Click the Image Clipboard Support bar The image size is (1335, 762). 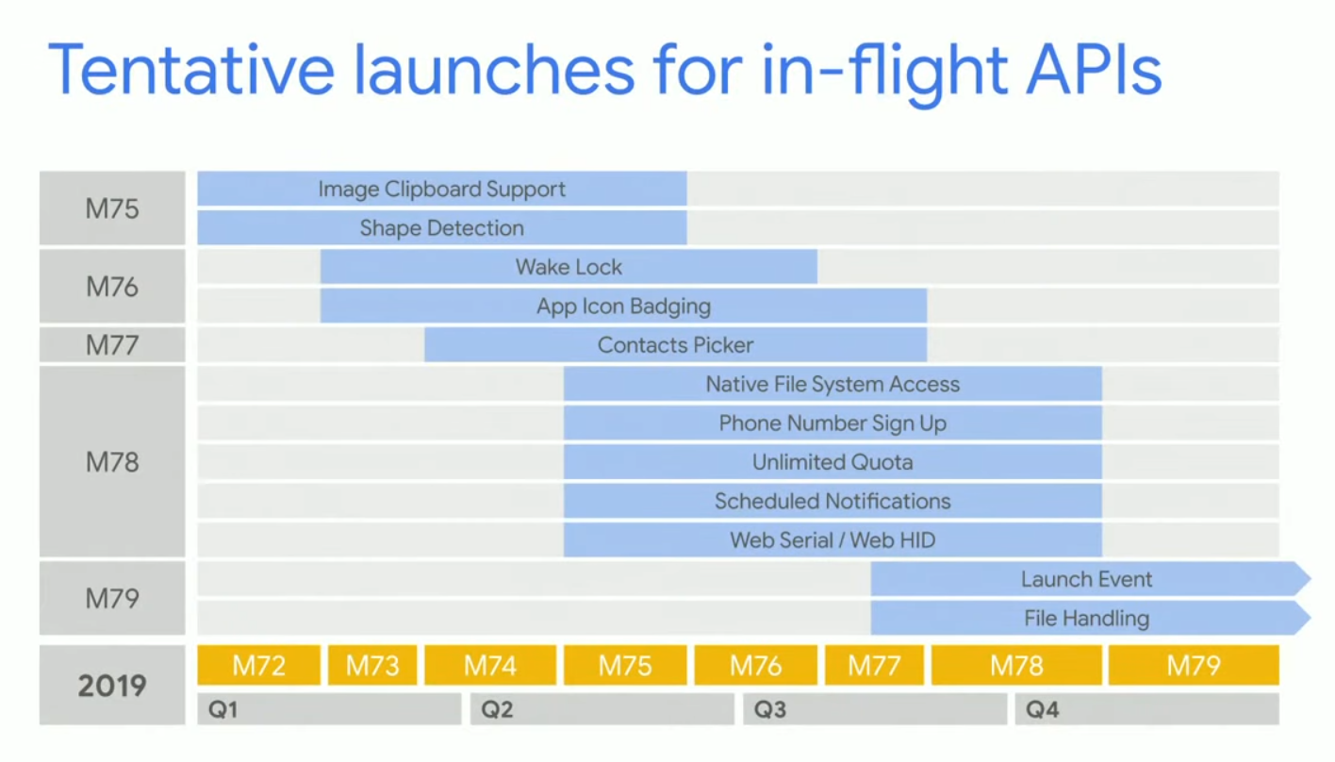(x=441, y=189)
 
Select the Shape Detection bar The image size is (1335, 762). (x=441, y=228)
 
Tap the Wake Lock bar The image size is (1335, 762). (x=569, y=267)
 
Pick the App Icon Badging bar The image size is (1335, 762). (x=623, y=306)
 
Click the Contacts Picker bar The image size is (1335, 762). (x=675, y=344)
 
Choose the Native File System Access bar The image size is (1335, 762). (x=832, y=384)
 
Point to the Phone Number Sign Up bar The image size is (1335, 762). (x=832, y=422)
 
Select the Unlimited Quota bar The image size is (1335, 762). (x=832, y=462)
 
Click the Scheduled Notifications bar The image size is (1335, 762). (x=832, y=501)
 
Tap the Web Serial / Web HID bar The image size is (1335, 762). (x=832, y=540)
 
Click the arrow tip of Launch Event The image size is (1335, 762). (x=1310, y=578)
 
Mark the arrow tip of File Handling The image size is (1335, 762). (x=1310, y=618)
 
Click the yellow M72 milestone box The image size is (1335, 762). (x=258, y=665)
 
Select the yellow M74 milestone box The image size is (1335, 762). (x=490, y=665)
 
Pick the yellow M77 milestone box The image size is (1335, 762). (x=874, y=665)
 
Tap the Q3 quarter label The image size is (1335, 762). (x=770, y=709)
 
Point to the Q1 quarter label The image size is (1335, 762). (x=222, y=709)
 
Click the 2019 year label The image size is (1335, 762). (x=112, y=686)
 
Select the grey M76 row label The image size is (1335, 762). (x=112, y=287)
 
